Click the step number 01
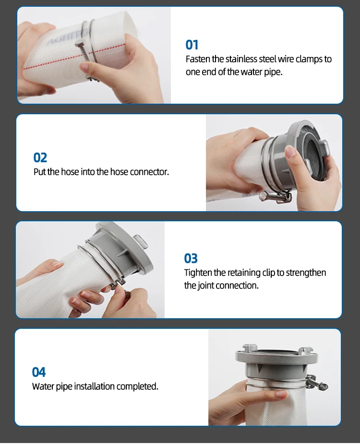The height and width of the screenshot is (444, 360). tap(192, 45)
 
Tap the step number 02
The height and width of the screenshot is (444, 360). tap(40, 157)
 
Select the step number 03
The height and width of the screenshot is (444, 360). tap(191, 258)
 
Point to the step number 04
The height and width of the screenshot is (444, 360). tap(38, 372)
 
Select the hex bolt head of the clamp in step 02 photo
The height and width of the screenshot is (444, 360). tap(263, 196)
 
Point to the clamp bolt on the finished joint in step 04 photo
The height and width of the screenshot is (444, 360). tap(317, 383)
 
